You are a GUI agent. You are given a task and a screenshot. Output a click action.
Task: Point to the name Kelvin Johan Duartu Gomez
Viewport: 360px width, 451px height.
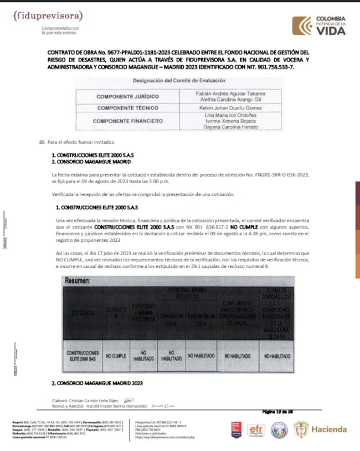click(230, 107)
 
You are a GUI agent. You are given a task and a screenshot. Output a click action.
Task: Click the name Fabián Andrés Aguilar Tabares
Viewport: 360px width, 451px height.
click(230, 94)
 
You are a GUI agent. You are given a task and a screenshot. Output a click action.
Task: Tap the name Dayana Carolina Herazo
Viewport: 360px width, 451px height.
click(230, 127)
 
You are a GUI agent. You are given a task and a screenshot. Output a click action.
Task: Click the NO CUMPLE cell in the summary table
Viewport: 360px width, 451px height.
click(117, 356)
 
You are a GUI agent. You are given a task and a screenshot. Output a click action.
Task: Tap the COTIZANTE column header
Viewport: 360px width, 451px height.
click(82, 313)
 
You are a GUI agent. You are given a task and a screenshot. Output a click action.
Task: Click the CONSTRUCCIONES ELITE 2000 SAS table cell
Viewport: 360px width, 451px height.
click(82, 356)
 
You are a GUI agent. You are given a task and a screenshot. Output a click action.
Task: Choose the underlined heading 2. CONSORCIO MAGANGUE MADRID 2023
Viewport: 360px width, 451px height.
click(97, 383)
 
